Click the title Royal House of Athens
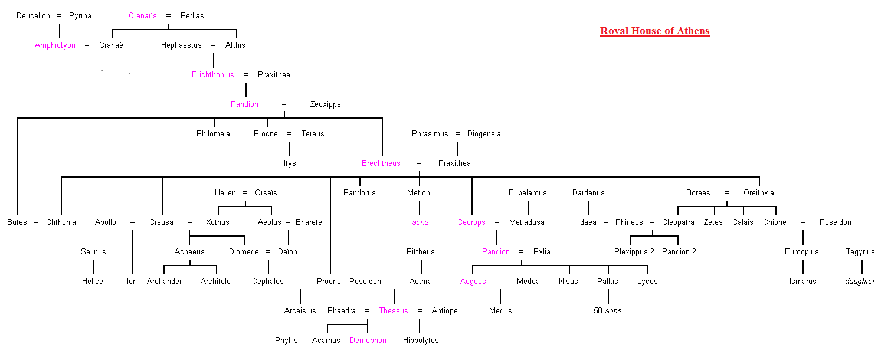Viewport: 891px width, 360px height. point(655,31)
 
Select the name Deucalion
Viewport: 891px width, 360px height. point(34,16)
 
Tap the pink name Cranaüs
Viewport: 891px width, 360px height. point(142,16)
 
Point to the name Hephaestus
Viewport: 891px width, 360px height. point(181,45)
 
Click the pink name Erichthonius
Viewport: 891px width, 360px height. point(213,75)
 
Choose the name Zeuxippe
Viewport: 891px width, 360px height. point(325,104)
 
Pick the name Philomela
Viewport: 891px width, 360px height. point(213,133)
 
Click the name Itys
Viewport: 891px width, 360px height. point(290,163)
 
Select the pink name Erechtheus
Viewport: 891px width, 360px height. point(381,163)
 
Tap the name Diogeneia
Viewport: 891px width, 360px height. point(484,133)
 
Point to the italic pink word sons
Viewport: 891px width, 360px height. point(421,222)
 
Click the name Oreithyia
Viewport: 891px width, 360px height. point(759,193)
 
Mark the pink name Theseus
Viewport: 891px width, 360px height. point(394,310)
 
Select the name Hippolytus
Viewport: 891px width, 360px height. point(421,341)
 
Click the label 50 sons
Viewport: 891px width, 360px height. point(607,310)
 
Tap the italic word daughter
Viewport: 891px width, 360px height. point(860,282)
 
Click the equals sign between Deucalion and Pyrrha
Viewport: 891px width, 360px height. point(59,16)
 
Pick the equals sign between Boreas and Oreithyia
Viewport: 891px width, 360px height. point(727,193)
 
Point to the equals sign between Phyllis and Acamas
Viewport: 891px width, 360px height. point(304,341)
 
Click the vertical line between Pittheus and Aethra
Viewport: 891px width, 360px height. point(421,267)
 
